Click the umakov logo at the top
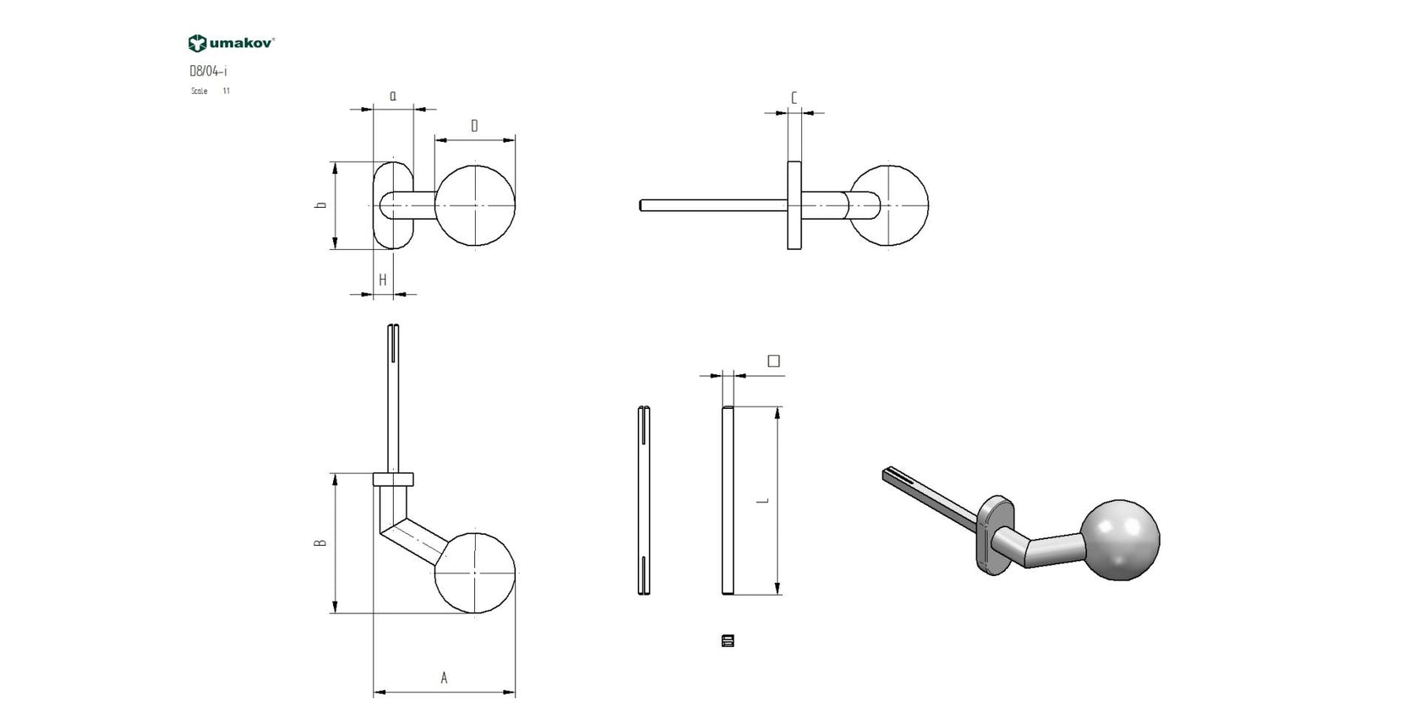click(x=231, y=43)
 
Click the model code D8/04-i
click(x=208, y=72)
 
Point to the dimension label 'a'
click(x=393, y=96)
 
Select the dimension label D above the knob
click(x=474, y=126)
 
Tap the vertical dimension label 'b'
click(x=321, y=205)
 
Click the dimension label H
click(x=383, y=280)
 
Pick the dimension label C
click(x=794, y=99)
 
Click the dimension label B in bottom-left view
click(x=320, y=543)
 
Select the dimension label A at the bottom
click(x=444, y=678)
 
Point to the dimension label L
click(x=763, y=500)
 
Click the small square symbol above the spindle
click(x=773, y=362)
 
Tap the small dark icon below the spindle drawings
click(x=728, y=640)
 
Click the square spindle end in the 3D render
click(x=889, y=474)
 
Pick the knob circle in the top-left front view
click(x=475, y=206)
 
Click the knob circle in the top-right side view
click(x=890, y=206)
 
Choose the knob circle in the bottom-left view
click(x=475, y=572)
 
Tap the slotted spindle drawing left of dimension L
click(x=644, y=500)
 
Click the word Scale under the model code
click(x=199, y=91)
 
